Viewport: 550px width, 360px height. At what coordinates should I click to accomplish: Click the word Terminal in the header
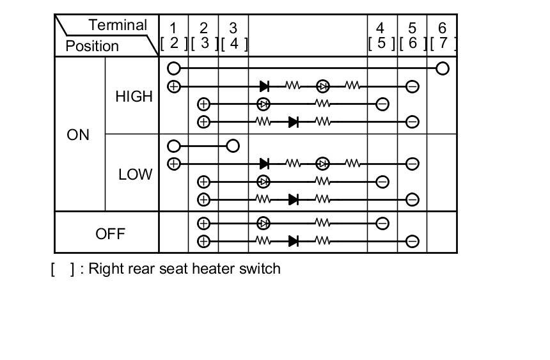click(118, 25)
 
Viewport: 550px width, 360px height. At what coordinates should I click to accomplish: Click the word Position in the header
click(92, 46)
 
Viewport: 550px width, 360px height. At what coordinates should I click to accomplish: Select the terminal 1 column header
click(173, 28)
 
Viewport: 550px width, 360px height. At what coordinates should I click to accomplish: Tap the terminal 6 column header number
click(442, 28)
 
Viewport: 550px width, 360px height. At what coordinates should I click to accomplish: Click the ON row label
click(78, 135)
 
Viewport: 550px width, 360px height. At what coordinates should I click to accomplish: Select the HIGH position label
click(134, 97)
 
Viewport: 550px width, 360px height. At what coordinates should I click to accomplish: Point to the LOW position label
click(135, 174)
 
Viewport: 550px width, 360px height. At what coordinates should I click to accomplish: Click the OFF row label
click(110, 233)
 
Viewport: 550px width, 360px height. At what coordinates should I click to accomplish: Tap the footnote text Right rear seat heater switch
click(184, 269)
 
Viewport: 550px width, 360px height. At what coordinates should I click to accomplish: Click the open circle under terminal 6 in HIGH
click(442, 68)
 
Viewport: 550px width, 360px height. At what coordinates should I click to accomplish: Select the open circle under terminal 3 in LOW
click(233, 146)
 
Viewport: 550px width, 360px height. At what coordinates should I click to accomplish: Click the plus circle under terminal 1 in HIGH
click(173, 86)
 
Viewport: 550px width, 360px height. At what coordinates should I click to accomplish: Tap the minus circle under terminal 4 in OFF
click(382, 224)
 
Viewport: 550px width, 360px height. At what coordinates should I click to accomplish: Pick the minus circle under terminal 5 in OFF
click(412, 242)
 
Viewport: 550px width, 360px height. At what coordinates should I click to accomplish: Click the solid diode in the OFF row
click(294, 241)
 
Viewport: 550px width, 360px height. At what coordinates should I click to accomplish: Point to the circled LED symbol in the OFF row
click(263, 224)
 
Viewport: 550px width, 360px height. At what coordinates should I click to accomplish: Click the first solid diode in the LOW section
click(263, 164)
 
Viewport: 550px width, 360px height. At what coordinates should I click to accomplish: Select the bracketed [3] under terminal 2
click(203, 43)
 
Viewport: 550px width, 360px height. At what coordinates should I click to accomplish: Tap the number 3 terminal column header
click(233, 28)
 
